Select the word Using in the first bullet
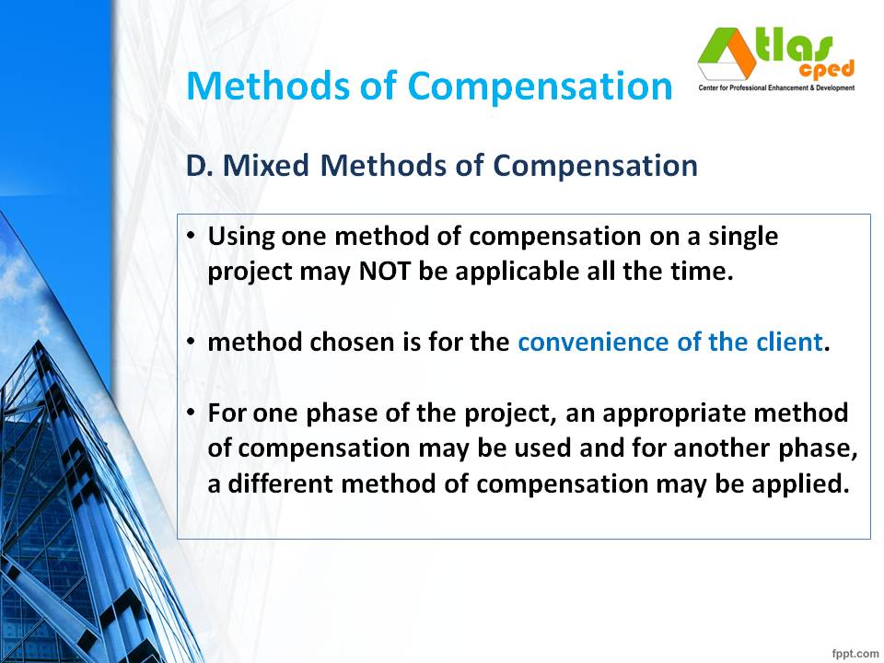pyautogui.click(x=241, y=237)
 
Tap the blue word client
pyautogui.click(x=791, y=343)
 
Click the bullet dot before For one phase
pyautogui.click(x=191, y=413)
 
